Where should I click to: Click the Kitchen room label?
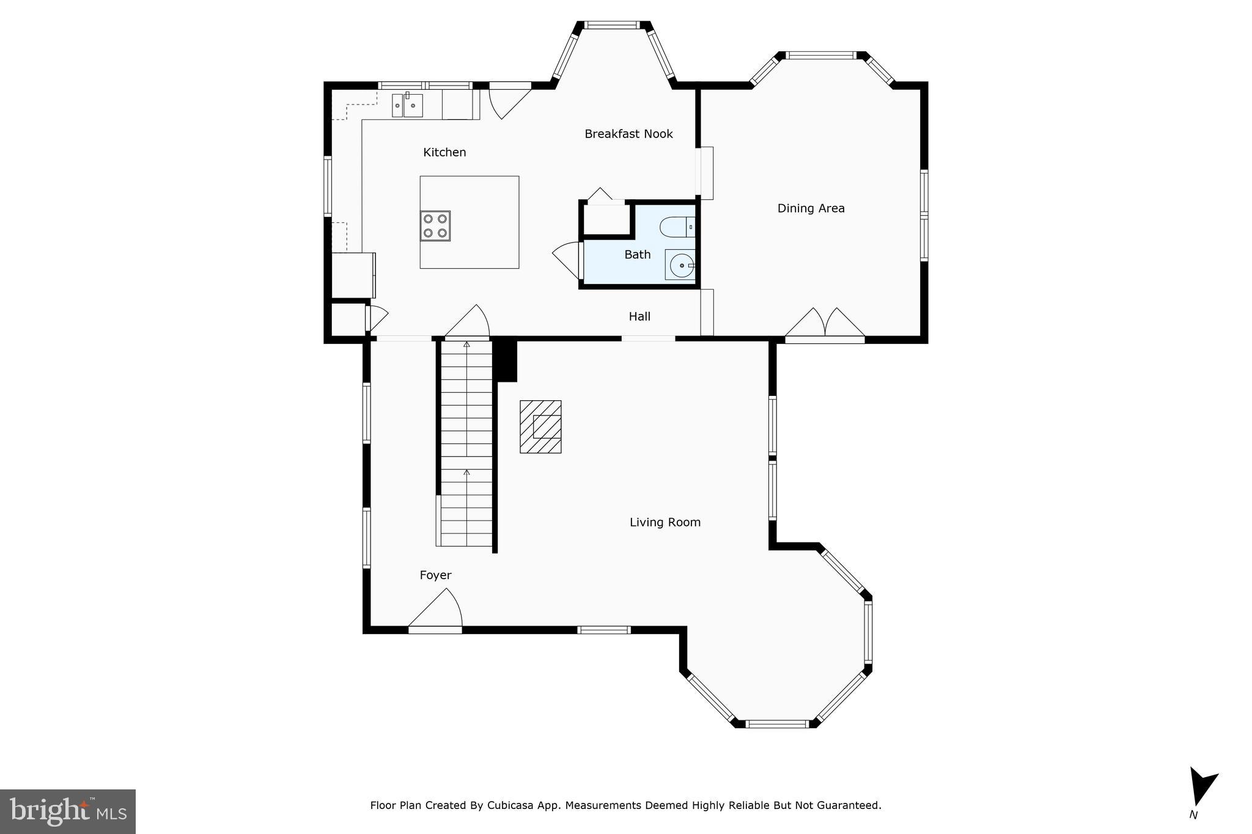[444, 152]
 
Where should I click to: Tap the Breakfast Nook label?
[628, 134]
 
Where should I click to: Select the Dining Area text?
[811, 208]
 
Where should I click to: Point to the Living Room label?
[665, 522]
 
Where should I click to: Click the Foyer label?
[435, 575]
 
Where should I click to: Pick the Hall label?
[639, 316]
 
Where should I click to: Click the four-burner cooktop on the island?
[435, 226]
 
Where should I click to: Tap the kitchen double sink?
[407, 105]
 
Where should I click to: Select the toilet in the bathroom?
[676, 227]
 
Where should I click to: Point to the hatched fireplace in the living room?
[540, 426]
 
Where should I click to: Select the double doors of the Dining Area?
[825, 324]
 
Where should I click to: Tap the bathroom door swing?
[567, 259]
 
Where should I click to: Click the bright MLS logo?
[67, 811]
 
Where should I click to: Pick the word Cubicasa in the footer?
[511, 805]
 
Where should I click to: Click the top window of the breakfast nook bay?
[612, 25]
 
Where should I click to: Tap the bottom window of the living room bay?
[777, 724]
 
